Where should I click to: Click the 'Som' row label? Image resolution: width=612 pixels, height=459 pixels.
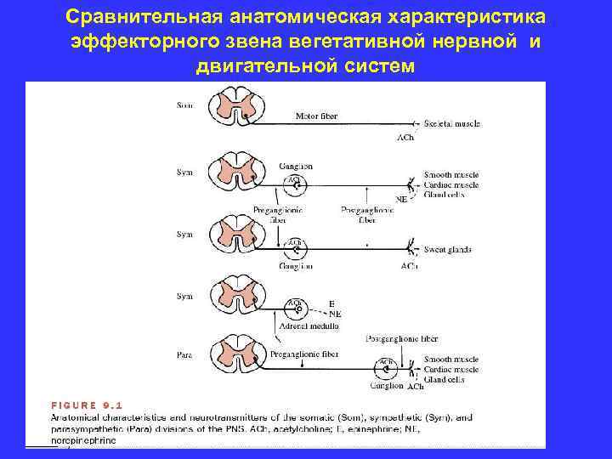coord(184,105)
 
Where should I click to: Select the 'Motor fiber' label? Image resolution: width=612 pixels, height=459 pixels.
coord(315,116)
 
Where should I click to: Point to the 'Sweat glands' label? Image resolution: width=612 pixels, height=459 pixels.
coord(447,250)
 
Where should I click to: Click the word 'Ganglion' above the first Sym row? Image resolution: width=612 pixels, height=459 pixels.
coord(295,167)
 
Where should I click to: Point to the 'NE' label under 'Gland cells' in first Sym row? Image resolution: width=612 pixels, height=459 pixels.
coord(401,199)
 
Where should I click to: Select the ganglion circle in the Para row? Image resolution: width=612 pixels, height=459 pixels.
coord(386,368)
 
